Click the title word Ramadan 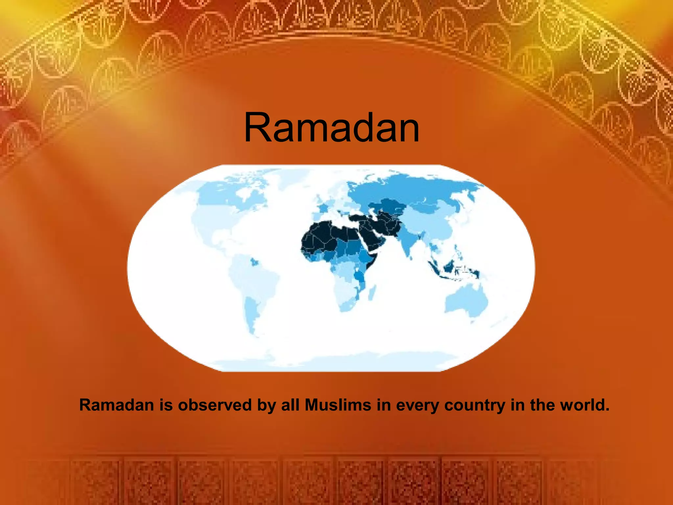coord(332,128)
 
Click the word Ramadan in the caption coord(117,405)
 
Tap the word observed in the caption coord(215,405)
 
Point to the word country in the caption coord(475,405)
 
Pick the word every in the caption coord(417,405)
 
